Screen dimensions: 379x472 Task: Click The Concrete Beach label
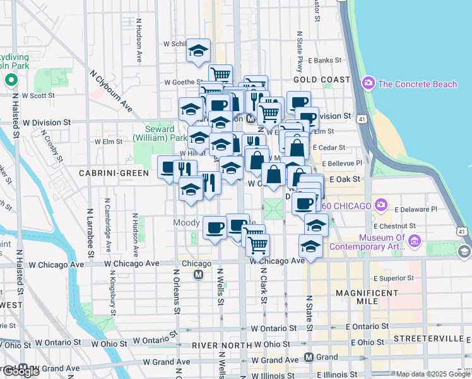[417, 84]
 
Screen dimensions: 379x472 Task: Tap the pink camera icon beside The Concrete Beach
[368, 83]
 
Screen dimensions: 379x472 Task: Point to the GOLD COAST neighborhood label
[322, 80]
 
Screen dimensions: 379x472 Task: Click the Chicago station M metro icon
[198, 275]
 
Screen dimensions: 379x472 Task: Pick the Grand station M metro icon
[309, 357]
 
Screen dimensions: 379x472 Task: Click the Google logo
[20, 371]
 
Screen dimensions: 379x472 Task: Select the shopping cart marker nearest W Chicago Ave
[257, 246]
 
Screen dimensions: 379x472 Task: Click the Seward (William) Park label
[161, 133]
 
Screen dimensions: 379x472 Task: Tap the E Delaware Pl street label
[412, 209]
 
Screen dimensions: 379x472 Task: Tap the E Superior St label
[393, 278]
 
